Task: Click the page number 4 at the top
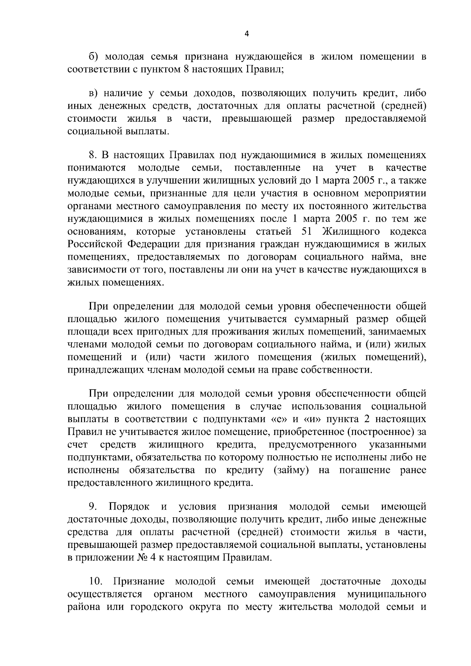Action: point(246,34)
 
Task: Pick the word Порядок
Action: point(129,506)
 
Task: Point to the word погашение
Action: point(365,470)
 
